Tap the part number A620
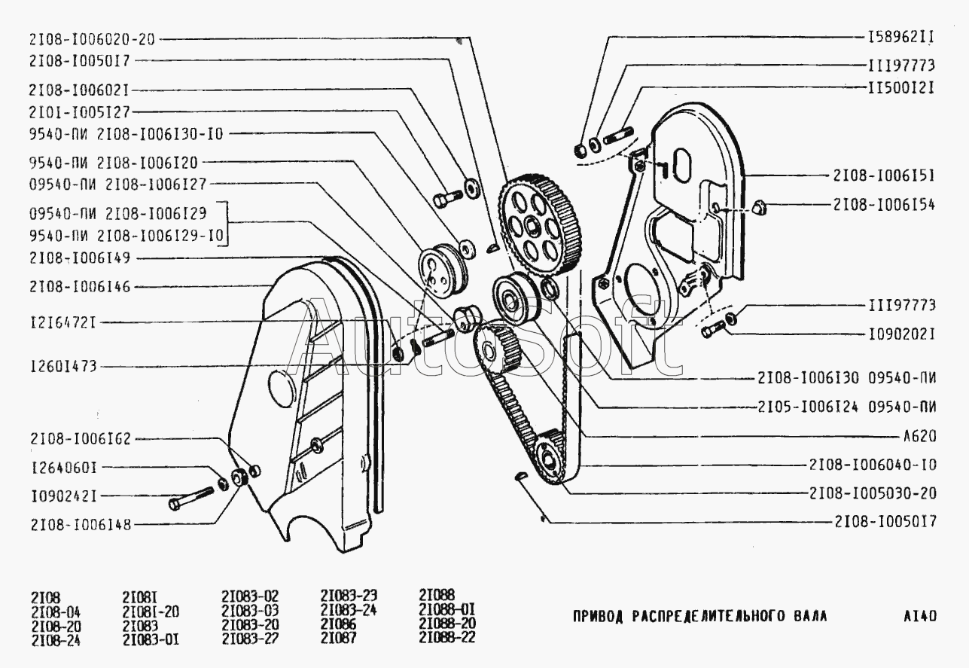coord(918,437)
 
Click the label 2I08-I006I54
coord(882,204)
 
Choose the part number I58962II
coord(900,35)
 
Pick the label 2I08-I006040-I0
coord(873,464)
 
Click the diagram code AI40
coord(920,615)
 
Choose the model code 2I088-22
coord(447,639)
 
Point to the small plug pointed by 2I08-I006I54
coord(759,205)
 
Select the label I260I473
coord(63,366)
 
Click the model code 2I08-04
coord(56,611)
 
